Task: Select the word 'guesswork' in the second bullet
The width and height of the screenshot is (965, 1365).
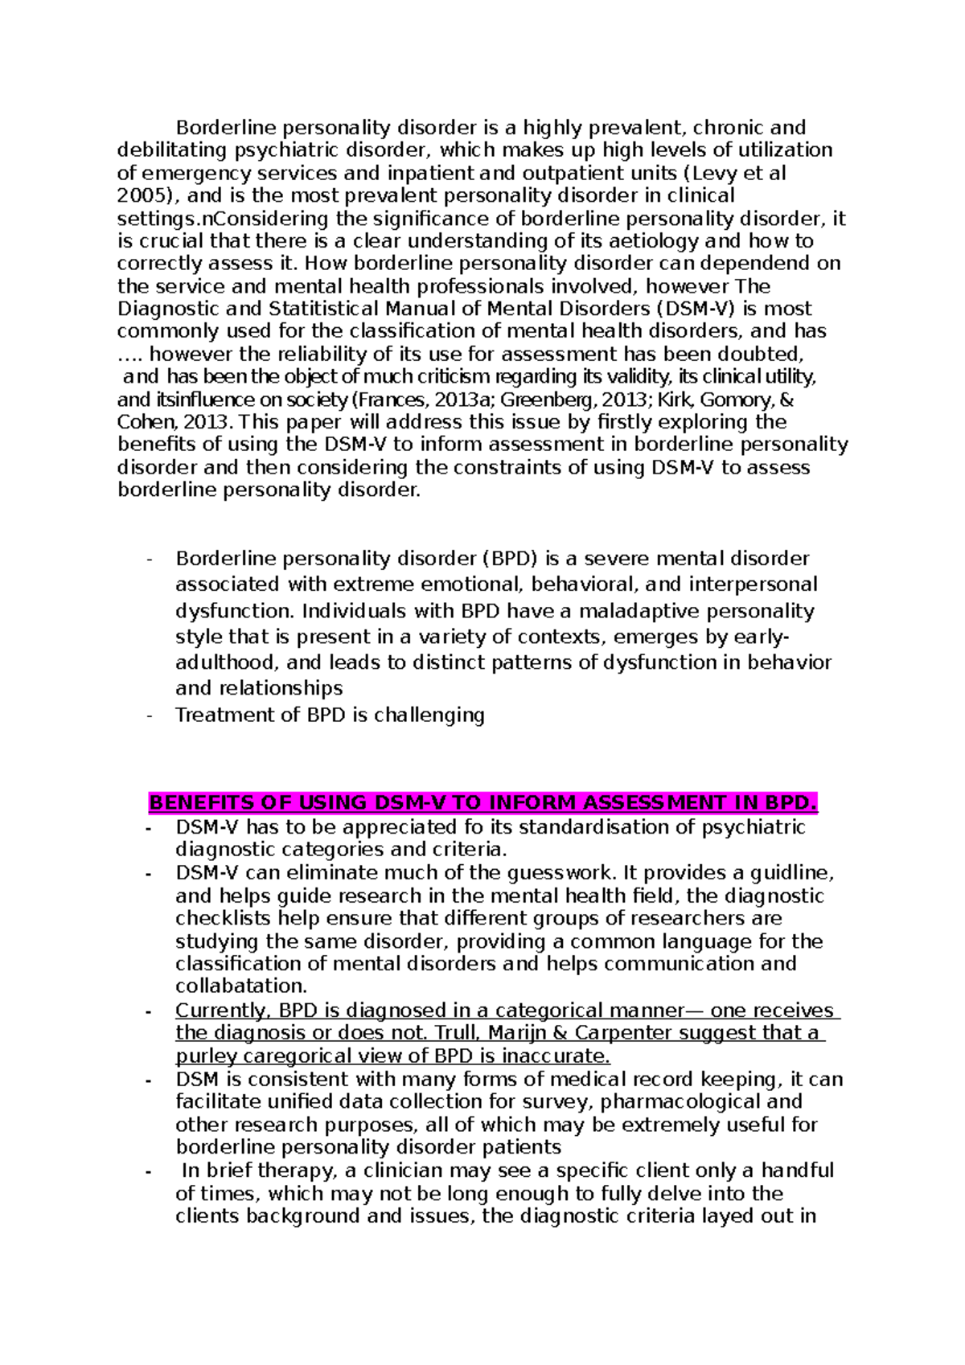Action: pos(561,873)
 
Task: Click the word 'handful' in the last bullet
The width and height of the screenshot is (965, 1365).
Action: pos(798,1170)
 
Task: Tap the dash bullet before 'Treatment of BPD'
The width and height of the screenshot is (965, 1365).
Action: pos(149,715)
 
